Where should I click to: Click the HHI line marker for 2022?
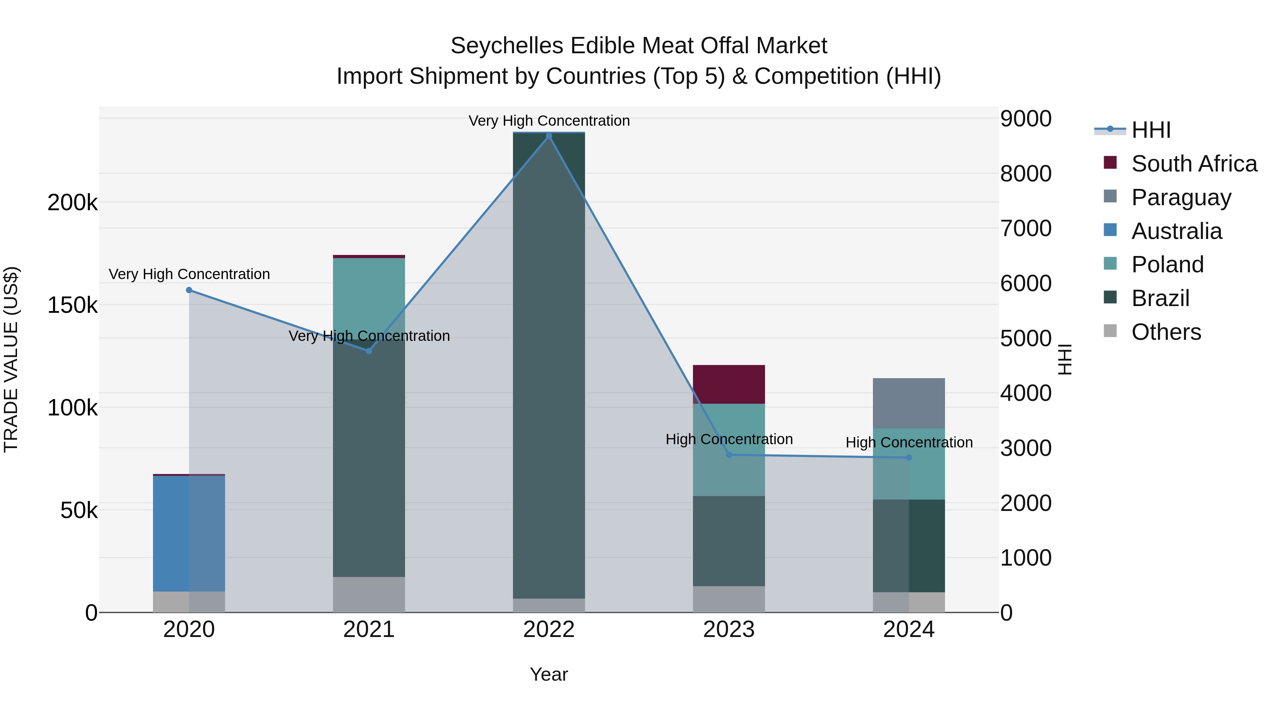(549, 136)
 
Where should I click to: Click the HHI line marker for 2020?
(189, 290)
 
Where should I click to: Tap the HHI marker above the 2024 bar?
(909, 458)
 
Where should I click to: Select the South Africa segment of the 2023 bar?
(729, 384)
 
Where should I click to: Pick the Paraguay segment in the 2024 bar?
(909, 403)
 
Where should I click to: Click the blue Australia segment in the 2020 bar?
(171, 533)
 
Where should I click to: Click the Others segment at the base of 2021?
(368, 594)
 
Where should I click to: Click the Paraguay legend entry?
(1181, 197)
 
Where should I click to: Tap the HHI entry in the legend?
(1151, 130)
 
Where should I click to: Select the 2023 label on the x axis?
(729, 630)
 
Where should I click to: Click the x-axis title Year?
(549, 674)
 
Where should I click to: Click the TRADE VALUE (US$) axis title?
(11, 359)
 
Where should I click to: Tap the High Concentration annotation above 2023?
(729, 439)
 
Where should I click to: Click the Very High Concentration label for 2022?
(549, 121)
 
